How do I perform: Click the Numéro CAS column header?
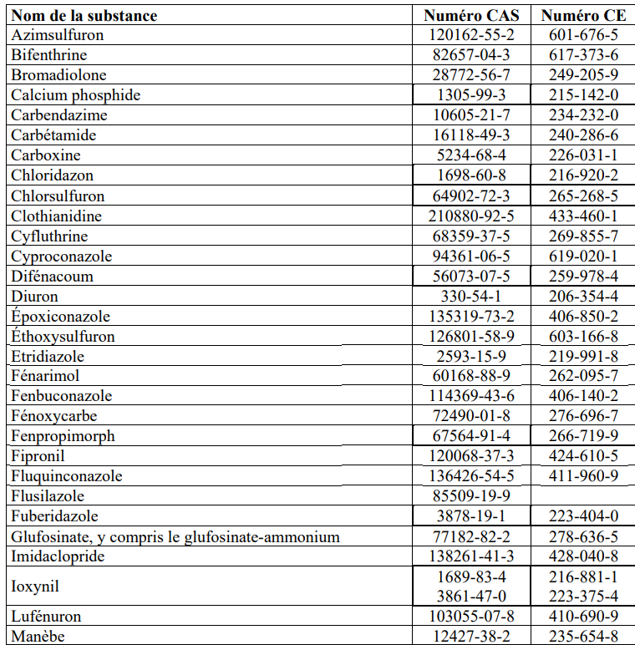click(471, 16)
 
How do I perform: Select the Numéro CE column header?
click(583, 16)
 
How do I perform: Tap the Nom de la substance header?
click(84, 16)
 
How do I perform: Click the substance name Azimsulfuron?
click(52, 35)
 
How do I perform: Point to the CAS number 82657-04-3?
click(472, 55)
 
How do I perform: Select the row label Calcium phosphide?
click(76, 95)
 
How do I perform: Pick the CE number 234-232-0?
click(583, 115)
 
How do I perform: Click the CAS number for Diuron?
click(472, 297)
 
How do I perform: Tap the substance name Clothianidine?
click(57, 216)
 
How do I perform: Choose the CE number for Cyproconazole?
click(583, 256)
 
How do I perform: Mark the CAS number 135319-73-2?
click(472, 317)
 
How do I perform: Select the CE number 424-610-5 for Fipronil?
click(583, 456)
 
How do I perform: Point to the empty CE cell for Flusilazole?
click(583, 496)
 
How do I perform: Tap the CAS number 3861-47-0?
click(472, 597)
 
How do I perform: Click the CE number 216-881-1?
click(583, 577)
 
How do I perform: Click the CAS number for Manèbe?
click(472, 637)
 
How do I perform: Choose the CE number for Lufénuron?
click(583, 617)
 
